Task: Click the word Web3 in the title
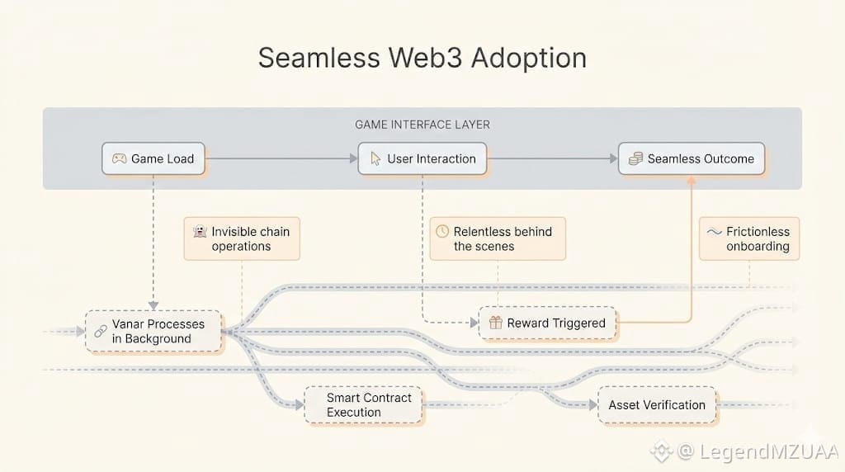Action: click(425, 58)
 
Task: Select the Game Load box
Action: click(153, 158)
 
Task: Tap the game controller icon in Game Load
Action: click(119, 158)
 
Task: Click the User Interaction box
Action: click(422, 158)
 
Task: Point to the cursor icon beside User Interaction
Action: click(375, 158)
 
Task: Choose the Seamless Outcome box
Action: click(692, 158)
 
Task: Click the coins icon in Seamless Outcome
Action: click(636, 158)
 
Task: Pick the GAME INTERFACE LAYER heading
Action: click(422, 125)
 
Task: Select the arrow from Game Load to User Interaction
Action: click(281, 158)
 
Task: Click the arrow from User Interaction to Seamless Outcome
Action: click(552, 158)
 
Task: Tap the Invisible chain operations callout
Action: click(242, 238)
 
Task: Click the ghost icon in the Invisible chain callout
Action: click(200, 232)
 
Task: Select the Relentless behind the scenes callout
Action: click(498, 238)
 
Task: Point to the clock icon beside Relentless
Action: click(442, 231)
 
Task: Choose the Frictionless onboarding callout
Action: click(749, 238)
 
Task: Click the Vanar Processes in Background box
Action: click(153, 332)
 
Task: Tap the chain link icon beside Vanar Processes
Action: click(101, 332)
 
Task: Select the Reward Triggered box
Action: click(548, 323)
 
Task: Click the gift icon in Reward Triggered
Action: click(496, 322)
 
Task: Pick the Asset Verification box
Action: click(657, 404)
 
